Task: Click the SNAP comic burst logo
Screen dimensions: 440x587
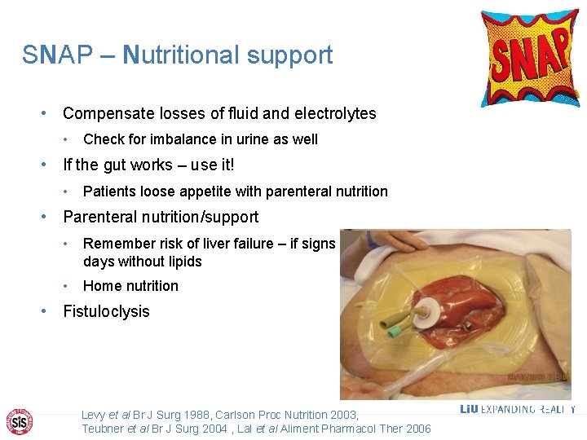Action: (x=529, y=57)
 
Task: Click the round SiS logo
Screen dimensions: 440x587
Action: (x=18, y=421)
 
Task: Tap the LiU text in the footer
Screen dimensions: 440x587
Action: (x=469, y=409)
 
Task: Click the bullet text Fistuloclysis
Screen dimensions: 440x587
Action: (x=106, y=311)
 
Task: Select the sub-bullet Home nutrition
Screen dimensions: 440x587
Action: (x=130, y=286)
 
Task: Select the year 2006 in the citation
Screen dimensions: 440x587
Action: (x=416, y=429)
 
